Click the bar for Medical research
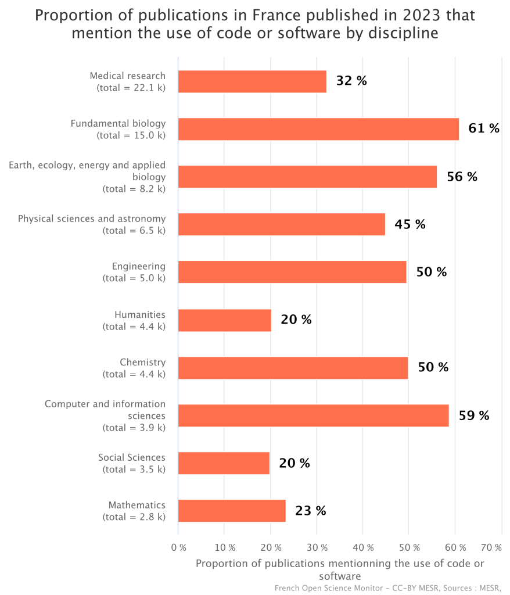pyautogui.click(x=252, y=81)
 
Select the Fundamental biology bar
pyautogui.click(x=319, y=129)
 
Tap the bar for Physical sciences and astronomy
pyautogui.click(x=282, y=224)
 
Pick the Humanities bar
pyautogui.click(x=225, y=320)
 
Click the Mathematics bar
pyautogui.click(x=232, y=511)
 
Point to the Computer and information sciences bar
pyautogui.click(x=314, y=415)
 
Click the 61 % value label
pyautogui.click(x=484, y=128)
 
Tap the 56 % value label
pyautogui.click(x=462, y=177)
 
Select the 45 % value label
pyautogui.click(x=410, y=224)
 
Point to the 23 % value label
pyautogui.click(x=310, y=511)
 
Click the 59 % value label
pyautogui.click(x=474, y=415)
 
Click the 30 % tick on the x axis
pyautogui.click(x=317, y=547)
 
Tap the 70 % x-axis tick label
pyautogui.click(x=491, y=547)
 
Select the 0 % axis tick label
pyautogui.click(x=179, y=547)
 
